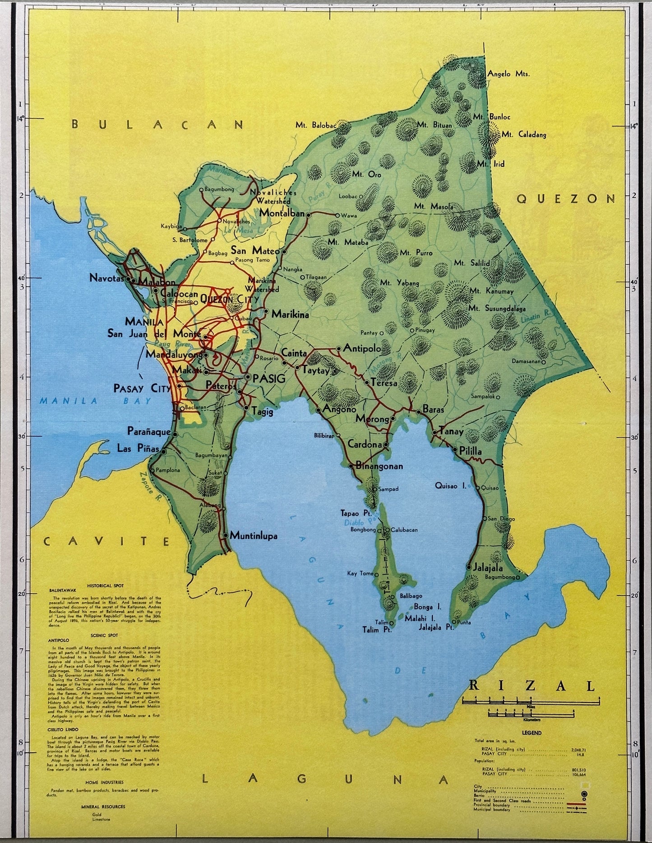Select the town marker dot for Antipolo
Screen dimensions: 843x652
point(338,349)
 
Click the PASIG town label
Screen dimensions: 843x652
point(269,379)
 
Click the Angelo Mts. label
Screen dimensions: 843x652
point(508,74)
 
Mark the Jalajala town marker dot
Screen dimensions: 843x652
point(469,567)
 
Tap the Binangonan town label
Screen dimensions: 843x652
point(379,466)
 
